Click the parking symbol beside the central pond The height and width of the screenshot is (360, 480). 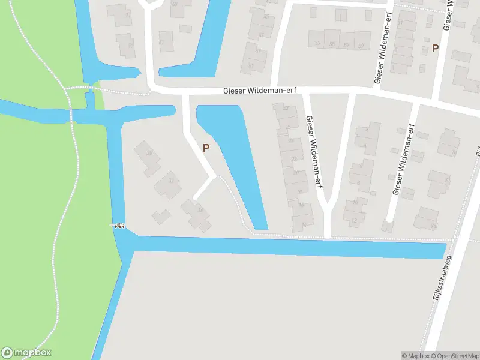coord(206,148)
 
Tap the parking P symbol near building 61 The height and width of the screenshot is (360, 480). coord(436,48)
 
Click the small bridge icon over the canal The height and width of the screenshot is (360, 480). coord(120,226)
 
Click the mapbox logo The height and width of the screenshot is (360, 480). coord(26,353)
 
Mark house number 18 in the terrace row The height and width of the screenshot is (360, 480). coord(299,192)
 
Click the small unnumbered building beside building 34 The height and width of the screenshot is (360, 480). coord(160,216)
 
